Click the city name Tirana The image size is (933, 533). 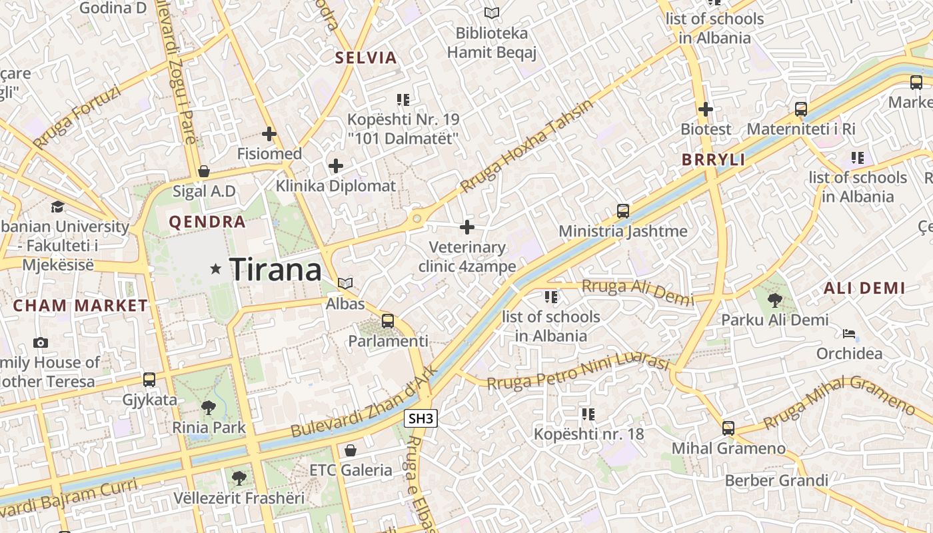(275, 270)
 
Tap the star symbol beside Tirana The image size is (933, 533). (215, 269)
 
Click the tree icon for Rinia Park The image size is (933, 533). (209, 407)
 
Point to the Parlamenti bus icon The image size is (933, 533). (388, 321)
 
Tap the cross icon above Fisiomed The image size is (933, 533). (269, 134)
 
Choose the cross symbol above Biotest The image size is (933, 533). (706, 109)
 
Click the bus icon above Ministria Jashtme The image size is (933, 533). (623, 211)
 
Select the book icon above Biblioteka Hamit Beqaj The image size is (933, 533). (492, 13)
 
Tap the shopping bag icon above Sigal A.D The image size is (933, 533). (204, 171)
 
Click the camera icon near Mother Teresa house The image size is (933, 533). (41, 342)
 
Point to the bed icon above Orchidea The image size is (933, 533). (849, 334)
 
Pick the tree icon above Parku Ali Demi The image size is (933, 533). (775, 300)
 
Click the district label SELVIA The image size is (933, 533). (366, 57)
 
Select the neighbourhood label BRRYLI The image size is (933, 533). (713, 160)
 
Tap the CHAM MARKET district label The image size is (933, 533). (81, 306)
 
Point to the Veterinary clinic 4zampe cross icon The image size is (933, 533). (467, 227)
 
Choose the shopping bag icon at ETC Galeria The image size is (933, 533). (351, 450)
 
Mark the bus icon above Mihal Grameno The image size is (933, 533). (728, 428)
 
